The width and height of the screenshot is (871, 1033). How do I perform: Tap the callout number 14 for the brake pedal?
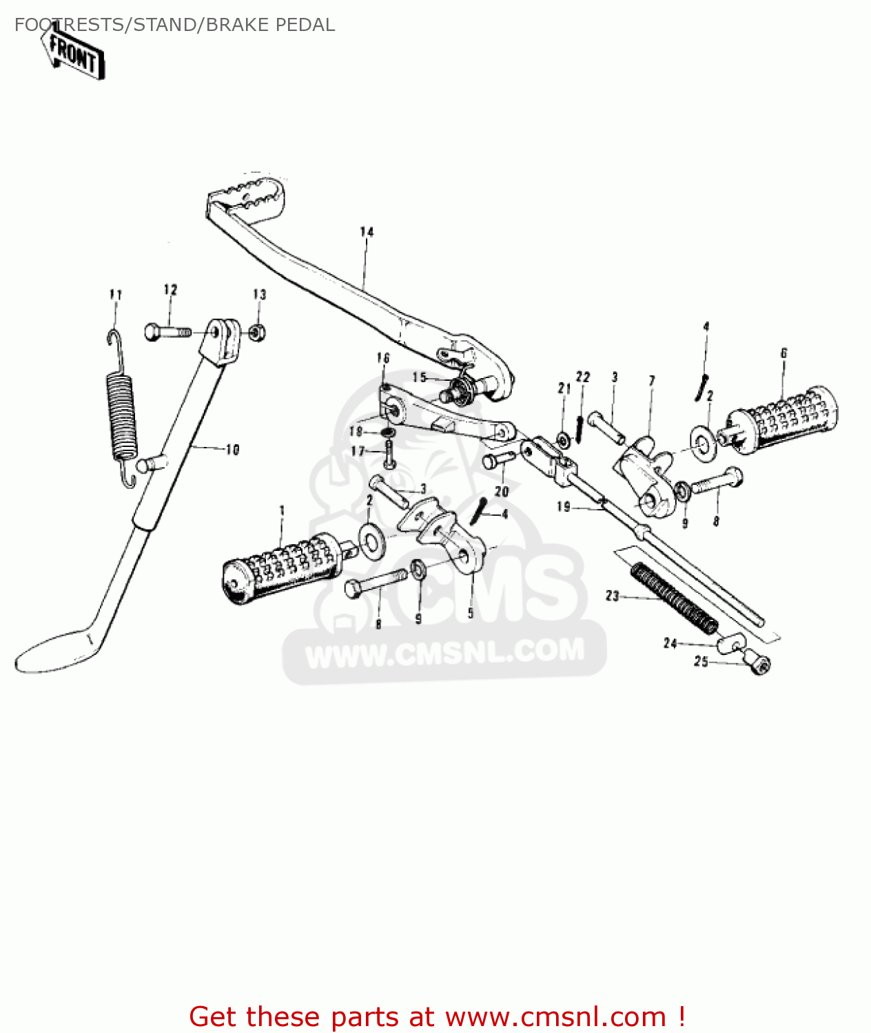click(x=367, y=232)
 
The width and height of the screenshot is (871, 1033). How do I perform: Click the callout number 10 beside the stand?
click(x=232, y=450)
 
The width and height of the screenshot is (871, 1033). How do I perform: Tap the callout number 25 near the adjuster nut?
click(x=701, y=662)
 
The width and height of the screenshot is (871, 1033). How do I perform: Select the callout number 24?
click(x=670, y=643)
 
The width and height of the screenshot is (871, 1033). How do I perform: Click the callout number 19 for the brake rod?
click(x=564, y=507)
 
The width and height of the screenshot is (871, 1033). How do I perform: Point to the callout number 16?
click(x=383, y=358)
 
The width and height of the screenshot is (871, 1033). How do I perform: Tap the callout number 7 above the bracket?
click(x=652, y=381)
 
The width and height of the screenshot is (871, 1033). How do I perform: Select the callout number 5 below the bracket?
click(x=471, y=613)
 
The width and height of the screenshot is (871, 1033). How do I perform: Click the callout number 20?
click(x=502, y=491)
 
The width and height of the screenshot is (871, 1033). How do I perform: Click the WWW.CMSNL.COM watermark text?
click(x=444, y=651)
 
